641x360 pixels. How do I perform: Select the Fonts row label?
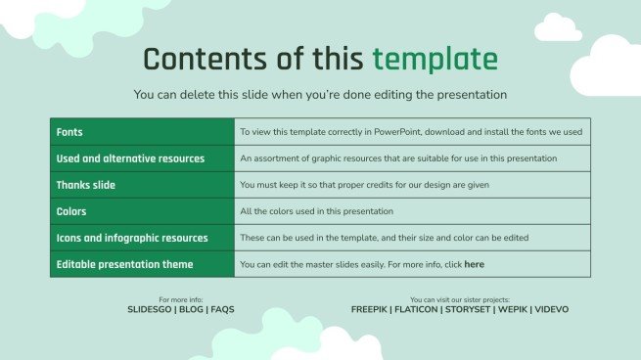click(69, 131)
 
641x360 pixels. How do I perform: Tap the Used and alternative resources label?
click(130, 157)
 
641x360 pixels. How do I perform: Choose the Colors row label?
click(71, 210)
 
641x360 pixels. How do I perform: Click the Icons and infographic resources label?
click(132, 238)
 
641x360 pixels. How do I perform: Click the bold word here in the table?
click(474, 264)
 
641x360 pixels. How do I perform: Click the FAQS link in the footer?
click(222, 309)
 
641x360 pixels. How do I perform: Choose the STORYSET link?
click(471, 309)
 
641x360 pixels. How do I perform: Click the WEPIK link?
click(517, 309)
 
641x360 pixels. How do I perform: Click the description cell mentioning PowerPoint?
click(411, 131)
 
